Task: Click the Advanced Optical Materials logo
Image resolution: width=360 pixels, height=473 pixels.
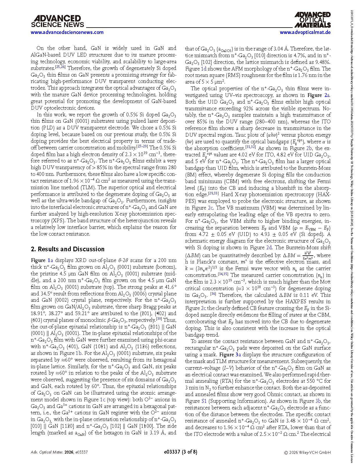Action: click(x=312, y=20)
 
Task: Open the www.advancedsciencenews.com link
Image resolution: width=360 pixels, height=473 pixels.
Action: click(x=67, y=32)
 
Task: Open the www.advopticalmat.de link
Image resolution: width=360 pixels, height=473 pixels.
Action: click(x=305, y=32)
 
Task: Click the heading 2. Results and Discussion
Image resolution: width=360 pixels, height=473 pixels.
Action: click(x=68, y=249)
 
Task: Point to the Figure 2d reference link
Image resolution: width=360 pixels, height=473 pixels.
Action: click(x=269, y=248)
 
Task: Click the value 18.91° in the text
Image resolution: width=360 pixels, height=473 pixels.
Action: click(x=37, y=313)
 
